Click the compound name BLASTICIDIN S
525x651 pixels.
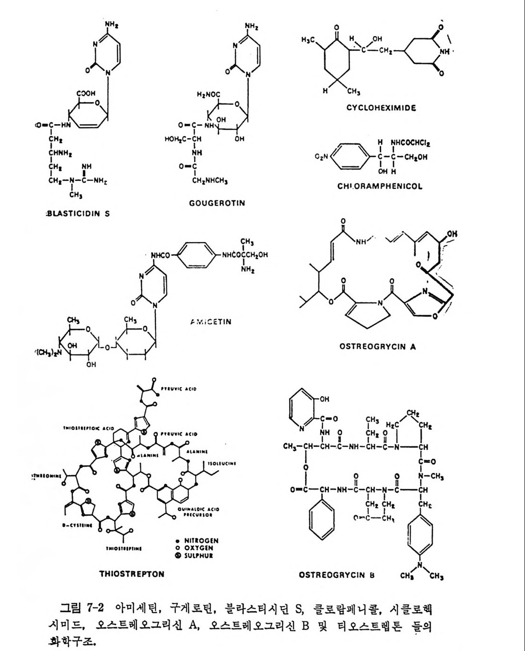78,213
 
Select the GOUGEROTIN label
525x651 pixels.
217,203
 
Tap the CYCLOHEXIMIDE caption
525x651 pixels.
381,108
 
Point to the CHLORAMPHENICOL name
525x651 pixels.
380,186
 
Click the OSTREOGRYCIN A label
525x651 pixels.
377,347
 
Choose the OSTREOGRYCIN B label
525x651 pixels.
336,575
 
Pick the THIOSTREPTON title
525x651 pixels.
132,574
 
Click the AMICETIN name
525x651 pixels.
211,322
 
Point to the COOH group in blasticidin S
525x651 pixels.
86,94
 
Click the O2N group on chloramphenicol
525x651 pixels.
322,156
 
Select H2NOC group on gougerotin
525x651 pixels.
208,94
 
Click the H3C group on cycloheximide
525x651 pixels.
308,40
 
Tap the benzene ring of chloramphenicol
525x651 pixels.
349,156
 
